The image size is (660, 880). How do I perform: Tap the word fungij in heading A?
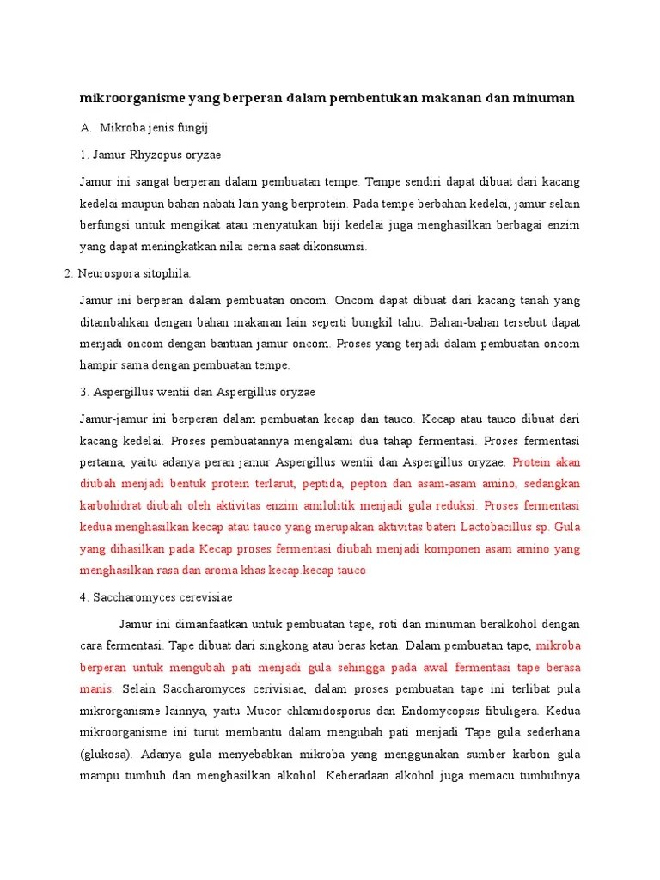coord(193,128)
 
